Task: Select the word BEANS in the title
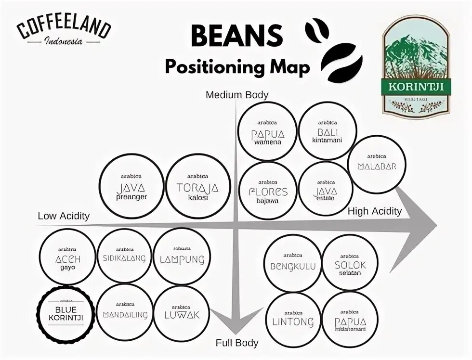[236, 36]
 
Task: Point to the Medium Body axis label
[237, 95]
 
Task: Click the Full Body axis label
[237, 343]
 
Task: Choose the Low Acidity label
[64, 216]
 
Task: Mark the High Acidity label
[374, 211]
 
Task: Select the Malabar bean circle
[377, 165]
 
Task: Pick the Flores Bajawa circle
[268, 191]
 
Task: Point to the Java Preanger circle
[131, 186]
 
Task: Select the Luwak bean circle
[182, 312]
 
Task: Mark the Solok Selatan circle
[350, 264]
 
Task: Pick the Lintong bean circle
[293, 320]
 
